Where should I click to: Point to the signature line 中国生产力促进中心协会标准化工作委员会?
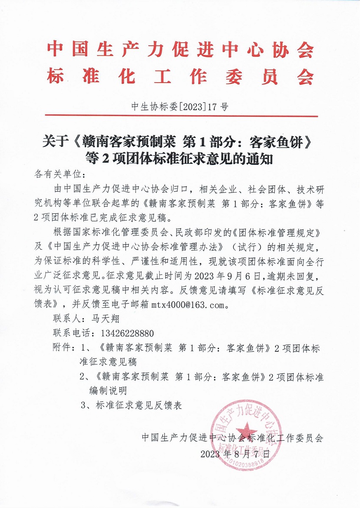233,438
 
